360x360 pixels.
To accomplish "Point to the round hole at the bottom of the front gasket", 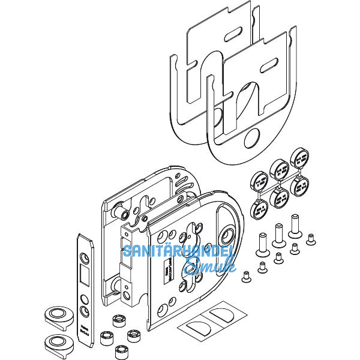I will (250, 139).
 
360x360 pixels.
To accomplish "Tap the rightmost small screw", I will (311, 239).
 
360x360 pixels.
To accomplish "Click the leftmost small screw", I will (246, 277).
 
